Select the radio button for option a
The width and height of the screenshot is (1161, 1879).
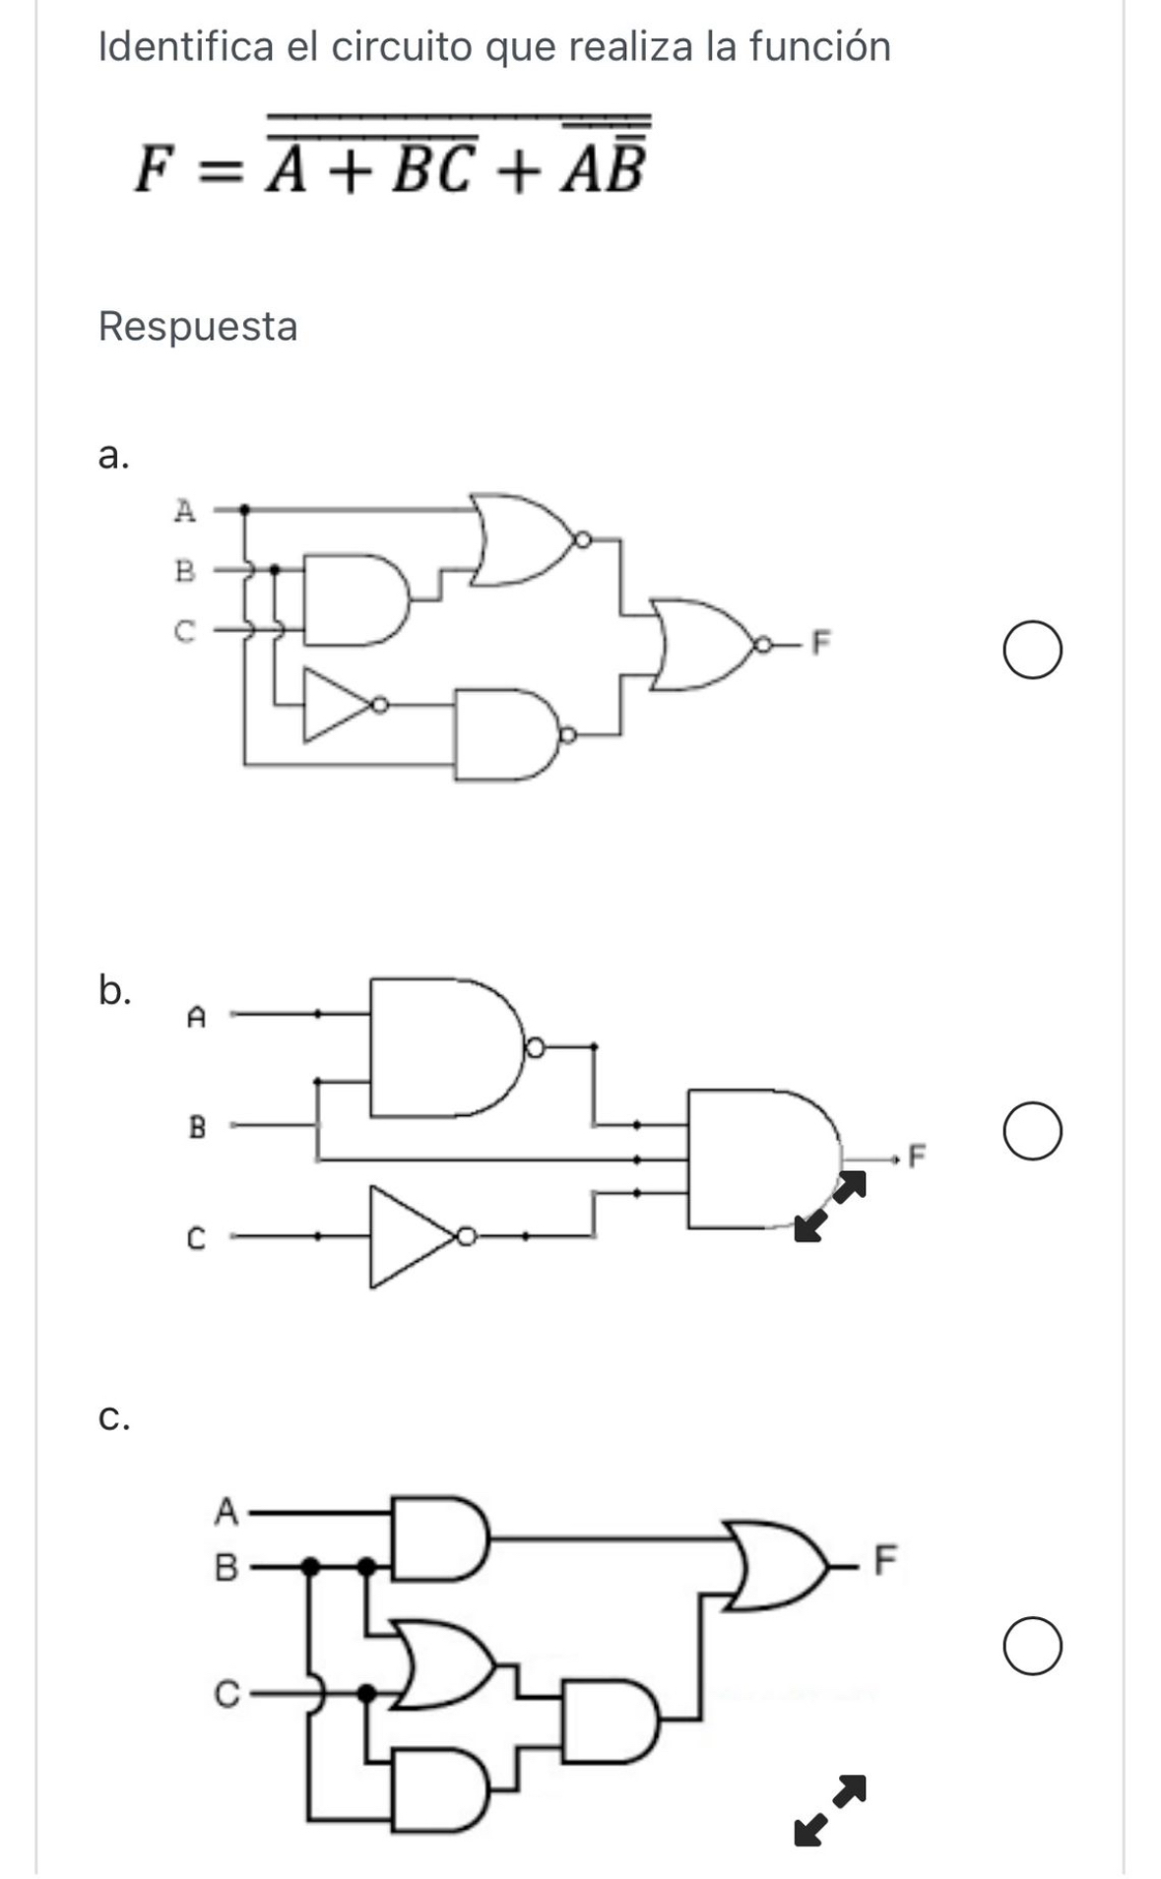coord(1033,651)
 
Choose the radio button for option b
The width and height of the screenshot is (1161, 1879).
coord(1033,1131)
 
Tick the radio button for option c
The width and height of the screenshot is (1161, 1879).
coord(1033,1646)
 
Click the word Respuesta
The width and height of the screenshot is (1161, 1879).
coord(198,326)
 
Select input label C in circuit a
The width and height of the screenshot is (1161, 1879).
coord(184,631)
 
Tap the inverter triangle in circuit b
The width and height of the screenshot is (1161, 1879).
coord(412,1236)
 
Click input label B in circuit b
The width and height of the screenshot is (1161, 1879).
coord(197,1127)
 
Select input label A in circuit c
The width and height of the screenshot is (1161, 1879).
coord(226,1511)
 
